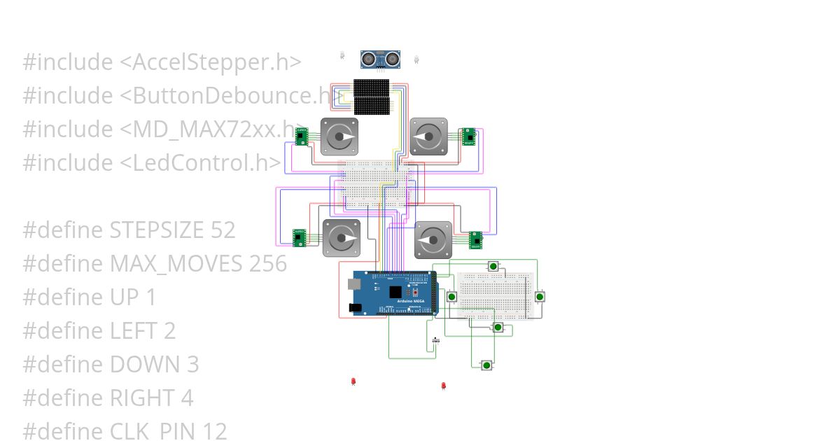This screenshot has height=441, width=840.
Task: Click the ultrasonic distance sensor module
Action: pyautogui.click(x=380, y=59)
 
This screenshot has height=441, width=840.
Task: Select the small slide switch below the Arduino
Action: pyautogui.click(x=436, y=340)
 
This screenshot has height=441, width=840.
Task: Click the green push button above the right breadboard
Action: pyautogui.click(x=493, y=266)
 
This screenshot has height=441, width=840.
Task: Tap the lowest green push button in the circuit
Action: pyautogui.click(x=486, y=365)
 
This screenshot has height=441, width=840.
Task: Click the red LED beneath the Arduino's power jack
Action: pyautogui.click(x=353, y=381)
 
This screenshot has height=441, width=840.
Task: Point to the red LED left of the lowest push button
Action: pyautogui.click(x=443, y=386)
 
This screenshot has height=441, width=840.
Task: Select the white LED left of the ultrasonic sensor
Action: pyautogui.click(x=342, y=54)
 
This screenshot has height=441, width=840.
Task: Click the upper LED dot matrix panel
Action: pyautogui.click(x=371, y=87)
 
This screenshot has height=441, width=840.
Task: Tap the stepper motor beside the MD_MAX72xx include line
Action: pyautogui.click(x=339, y=136)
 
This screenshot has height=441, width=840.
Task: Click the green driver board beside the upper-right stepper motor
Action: pyautogui.click(x=467, y=136)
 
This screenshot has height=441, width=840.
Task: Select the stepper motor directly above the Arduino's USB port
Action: pyautogui.click(x=342, y=239)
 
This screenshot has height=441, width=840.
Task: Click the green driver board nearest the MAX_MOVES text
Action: pyautogui.click(x=300, y=237)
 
